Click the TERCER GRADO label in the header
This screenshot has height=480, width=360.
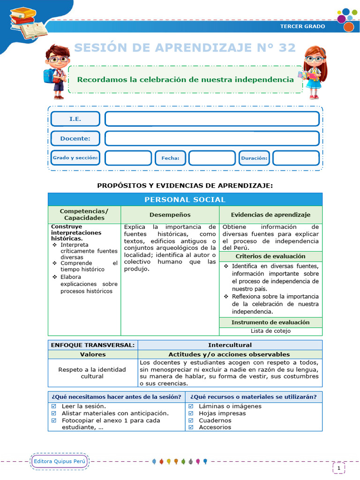(x=302, y=26)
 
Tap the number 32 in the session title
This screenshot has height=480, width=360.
(x=285, y=48)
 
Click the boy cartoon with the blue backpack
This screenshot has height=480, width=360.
(x=57, y=71)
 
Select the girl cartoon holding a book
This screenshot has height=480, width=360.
(x=313, y=72)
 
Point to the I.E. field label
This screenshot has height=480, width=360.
(x=75, y=119)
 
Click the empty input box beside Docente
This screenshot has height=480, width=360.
(x=212, y=138)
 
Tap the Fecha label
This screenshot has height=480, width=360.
(x=170, y=158)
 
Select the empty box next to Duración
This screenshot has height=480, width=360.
(x=296, y=158)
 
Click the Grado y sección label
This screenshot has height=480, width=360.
(x=75, y=158)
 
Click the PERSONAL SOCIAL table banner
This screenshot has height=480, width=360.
(x=185, y=200)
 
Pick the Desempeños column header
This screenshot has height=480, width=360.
(x=170, y=215)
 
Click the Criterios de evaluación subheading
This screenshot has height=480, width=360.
(x=270, y=256)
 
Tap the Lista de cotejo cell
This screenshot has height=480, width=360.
(x=270, y=331)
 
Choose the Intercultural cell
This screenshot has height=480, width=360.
(x=230, y=345)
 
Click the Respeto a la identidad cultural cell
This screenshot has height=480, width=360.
(x=92, y=373)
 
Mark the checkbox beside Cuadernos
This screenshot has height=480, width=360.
(x=191, y=420)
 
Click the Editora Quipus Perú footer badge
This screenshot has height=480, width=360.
(x=60, y=462)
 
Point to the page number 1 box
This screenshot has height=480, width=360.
(x=338, y=467)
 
